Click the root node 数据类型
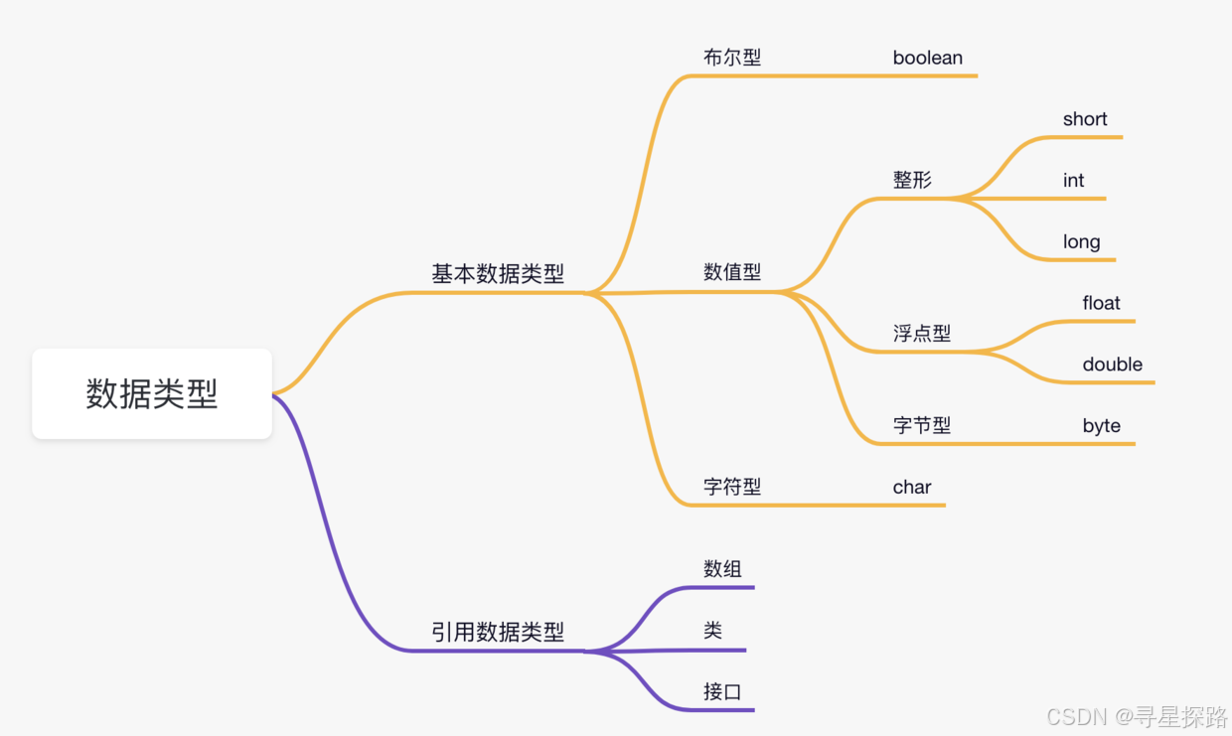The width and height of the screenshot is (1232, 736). click(151, 394)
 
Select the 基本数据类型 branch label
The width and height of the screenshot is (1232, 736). click(497, 274)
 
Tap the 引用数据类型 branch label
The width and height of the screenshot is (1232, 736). click(497, 632)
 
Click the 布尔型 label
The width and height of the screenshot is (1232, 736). click(732, 58)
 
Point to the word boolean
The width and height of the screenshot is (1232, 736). click(927, 58)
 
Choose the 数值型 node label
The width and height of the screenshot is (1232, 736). click(732, 272)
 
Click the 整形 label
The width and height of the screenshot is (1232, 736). click(912, 180)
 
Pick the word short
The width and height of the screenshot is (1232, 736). click(1085, 119)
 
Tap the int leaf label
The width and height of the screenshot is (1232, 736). click(1073, 181)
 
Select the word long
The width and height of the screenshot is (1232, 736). click(1081, 242)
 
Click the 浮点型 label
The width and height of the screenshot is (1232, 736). click(922, 334)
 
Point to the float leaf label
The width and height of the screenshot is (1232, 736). click(1101, 303)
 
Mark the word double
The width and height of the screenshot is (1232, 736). click(1112, 365)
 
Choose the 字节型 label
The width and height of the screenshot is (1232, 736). click(922, 425)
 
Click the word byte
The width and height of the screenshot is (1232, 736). click(1101, 426)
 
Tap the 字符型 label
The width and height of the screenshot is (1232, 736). click(732, 487)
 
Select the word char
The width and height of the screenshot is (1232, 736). click(912, 487)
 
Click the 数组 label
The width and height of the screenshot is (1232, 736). click(722, 569)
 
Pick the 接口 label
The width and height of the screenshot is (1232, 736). click(722, 692)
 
